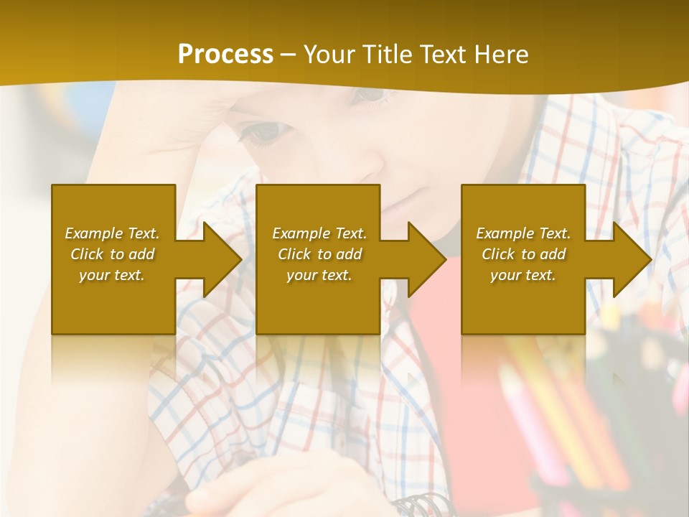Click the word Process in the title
click(x=225, y=55)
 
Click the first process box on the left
click(x=113, y=208)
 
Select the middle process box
click(x=318, y=208)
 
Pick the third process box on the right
click(x=522, y=208)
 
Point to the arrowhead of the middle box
click(x=426, y=259)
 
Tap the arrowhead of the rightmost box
click(x=631, y=259)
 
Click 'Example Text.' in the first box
click(x=112, y=233)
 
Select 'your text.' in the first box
click(x=112, y=275)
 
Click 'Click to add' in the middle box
click(x=319, y=254)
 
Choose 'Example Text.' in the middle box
click(x=319, y=233)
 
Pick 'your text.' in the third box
click(x=523, y=275)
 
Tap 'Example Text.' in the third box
click(x=523, y=233)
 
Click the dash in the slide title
click(x=289, y=55)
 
